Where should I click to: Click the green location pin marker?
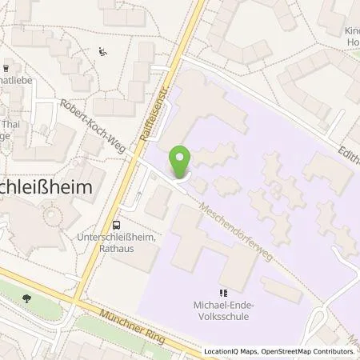(x=180, y=162)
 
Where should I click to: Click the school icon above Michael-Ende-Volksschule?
(x=224, y=294)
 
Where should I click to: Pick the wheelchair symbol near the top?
(x=102, y=52)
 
